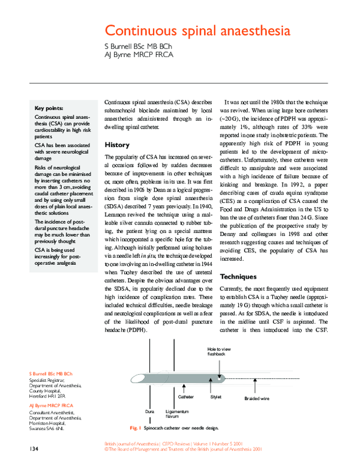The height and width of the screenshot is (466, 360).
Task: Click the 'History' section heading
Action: point(116,145)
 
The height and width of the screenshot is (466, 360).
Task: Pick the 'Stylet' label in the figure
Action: point(215,397)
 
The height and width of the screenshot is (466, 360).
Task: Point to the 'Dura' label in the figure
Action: point(150,411)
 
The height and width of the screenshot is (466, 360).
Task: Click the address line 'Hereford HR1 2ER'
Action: point(48,396)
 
